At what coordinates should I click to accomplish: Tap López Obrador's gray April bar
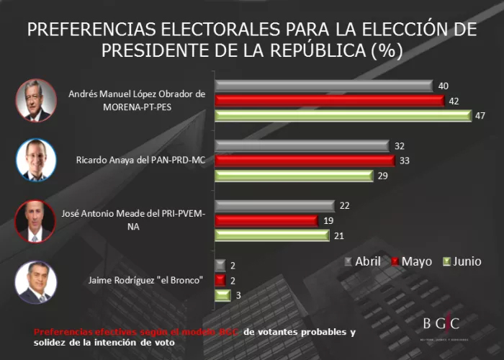pyautogui.click(x=323, y=86)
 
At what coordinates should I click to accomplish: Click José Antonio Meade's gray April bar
pyautogui.click(x=274, y=206)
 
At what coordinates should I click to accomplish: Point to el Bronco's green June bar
pyautogui.click(x=222, y=295)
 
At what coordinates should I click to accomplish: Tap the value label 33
pyautogui.click(x=404, y=161)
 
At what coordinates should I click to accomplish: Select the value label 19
pyautogui.click(x=327, y=221)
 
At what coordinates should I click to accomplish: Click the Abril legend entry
pyautogui.click(x=363, y=261)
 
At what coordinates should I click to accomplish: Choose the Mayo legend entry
pyautogui.click(x=411, y=261)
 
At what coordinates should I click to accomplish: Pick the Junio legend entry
pyautogui.click(x=462, y=261)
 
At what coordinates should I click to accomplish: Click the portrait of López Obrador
pyautogui.click(x=35, y=100)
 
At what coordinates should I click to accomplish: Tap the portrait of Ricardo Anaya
pyautogui.click(x=35, y=159)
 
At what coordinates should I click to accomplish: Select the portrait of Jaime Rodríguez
pyautogui.click(x=35, y=281)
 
